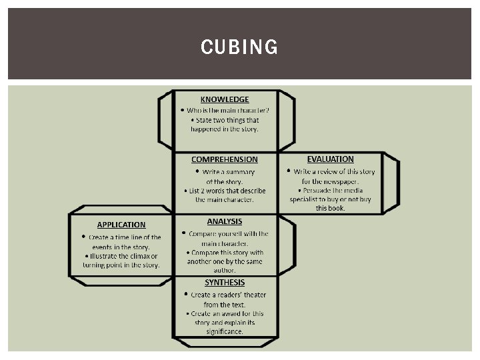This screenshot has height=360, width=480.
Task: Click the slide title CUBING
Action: click(x=239, y=47)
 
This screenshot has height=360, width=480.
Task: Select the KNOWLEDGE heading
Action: click(x=225, y=99)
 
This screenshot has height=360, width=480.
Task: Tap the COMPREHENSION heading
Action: click(x=224, y=159)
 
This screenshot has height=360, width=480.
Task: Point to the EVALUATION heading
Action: click(x=330, y=159)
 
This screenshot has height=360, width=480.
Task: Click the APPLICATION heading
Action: click(x=121, y=225)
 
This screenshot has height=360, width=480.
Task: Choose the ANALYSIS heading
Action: click(x=225, y=221)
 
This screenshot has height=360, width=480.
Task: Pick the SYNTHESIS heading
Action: click(x=225, y=282)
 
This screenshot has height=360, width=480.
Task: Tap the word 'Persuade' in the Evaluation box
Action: click(x=314, y=190)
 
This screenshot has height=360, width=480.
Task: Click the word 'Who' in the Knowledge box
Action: click(x=193, y=111)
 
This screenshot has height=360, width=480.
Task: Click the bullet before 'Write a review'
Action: click(x=288, y=171)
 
